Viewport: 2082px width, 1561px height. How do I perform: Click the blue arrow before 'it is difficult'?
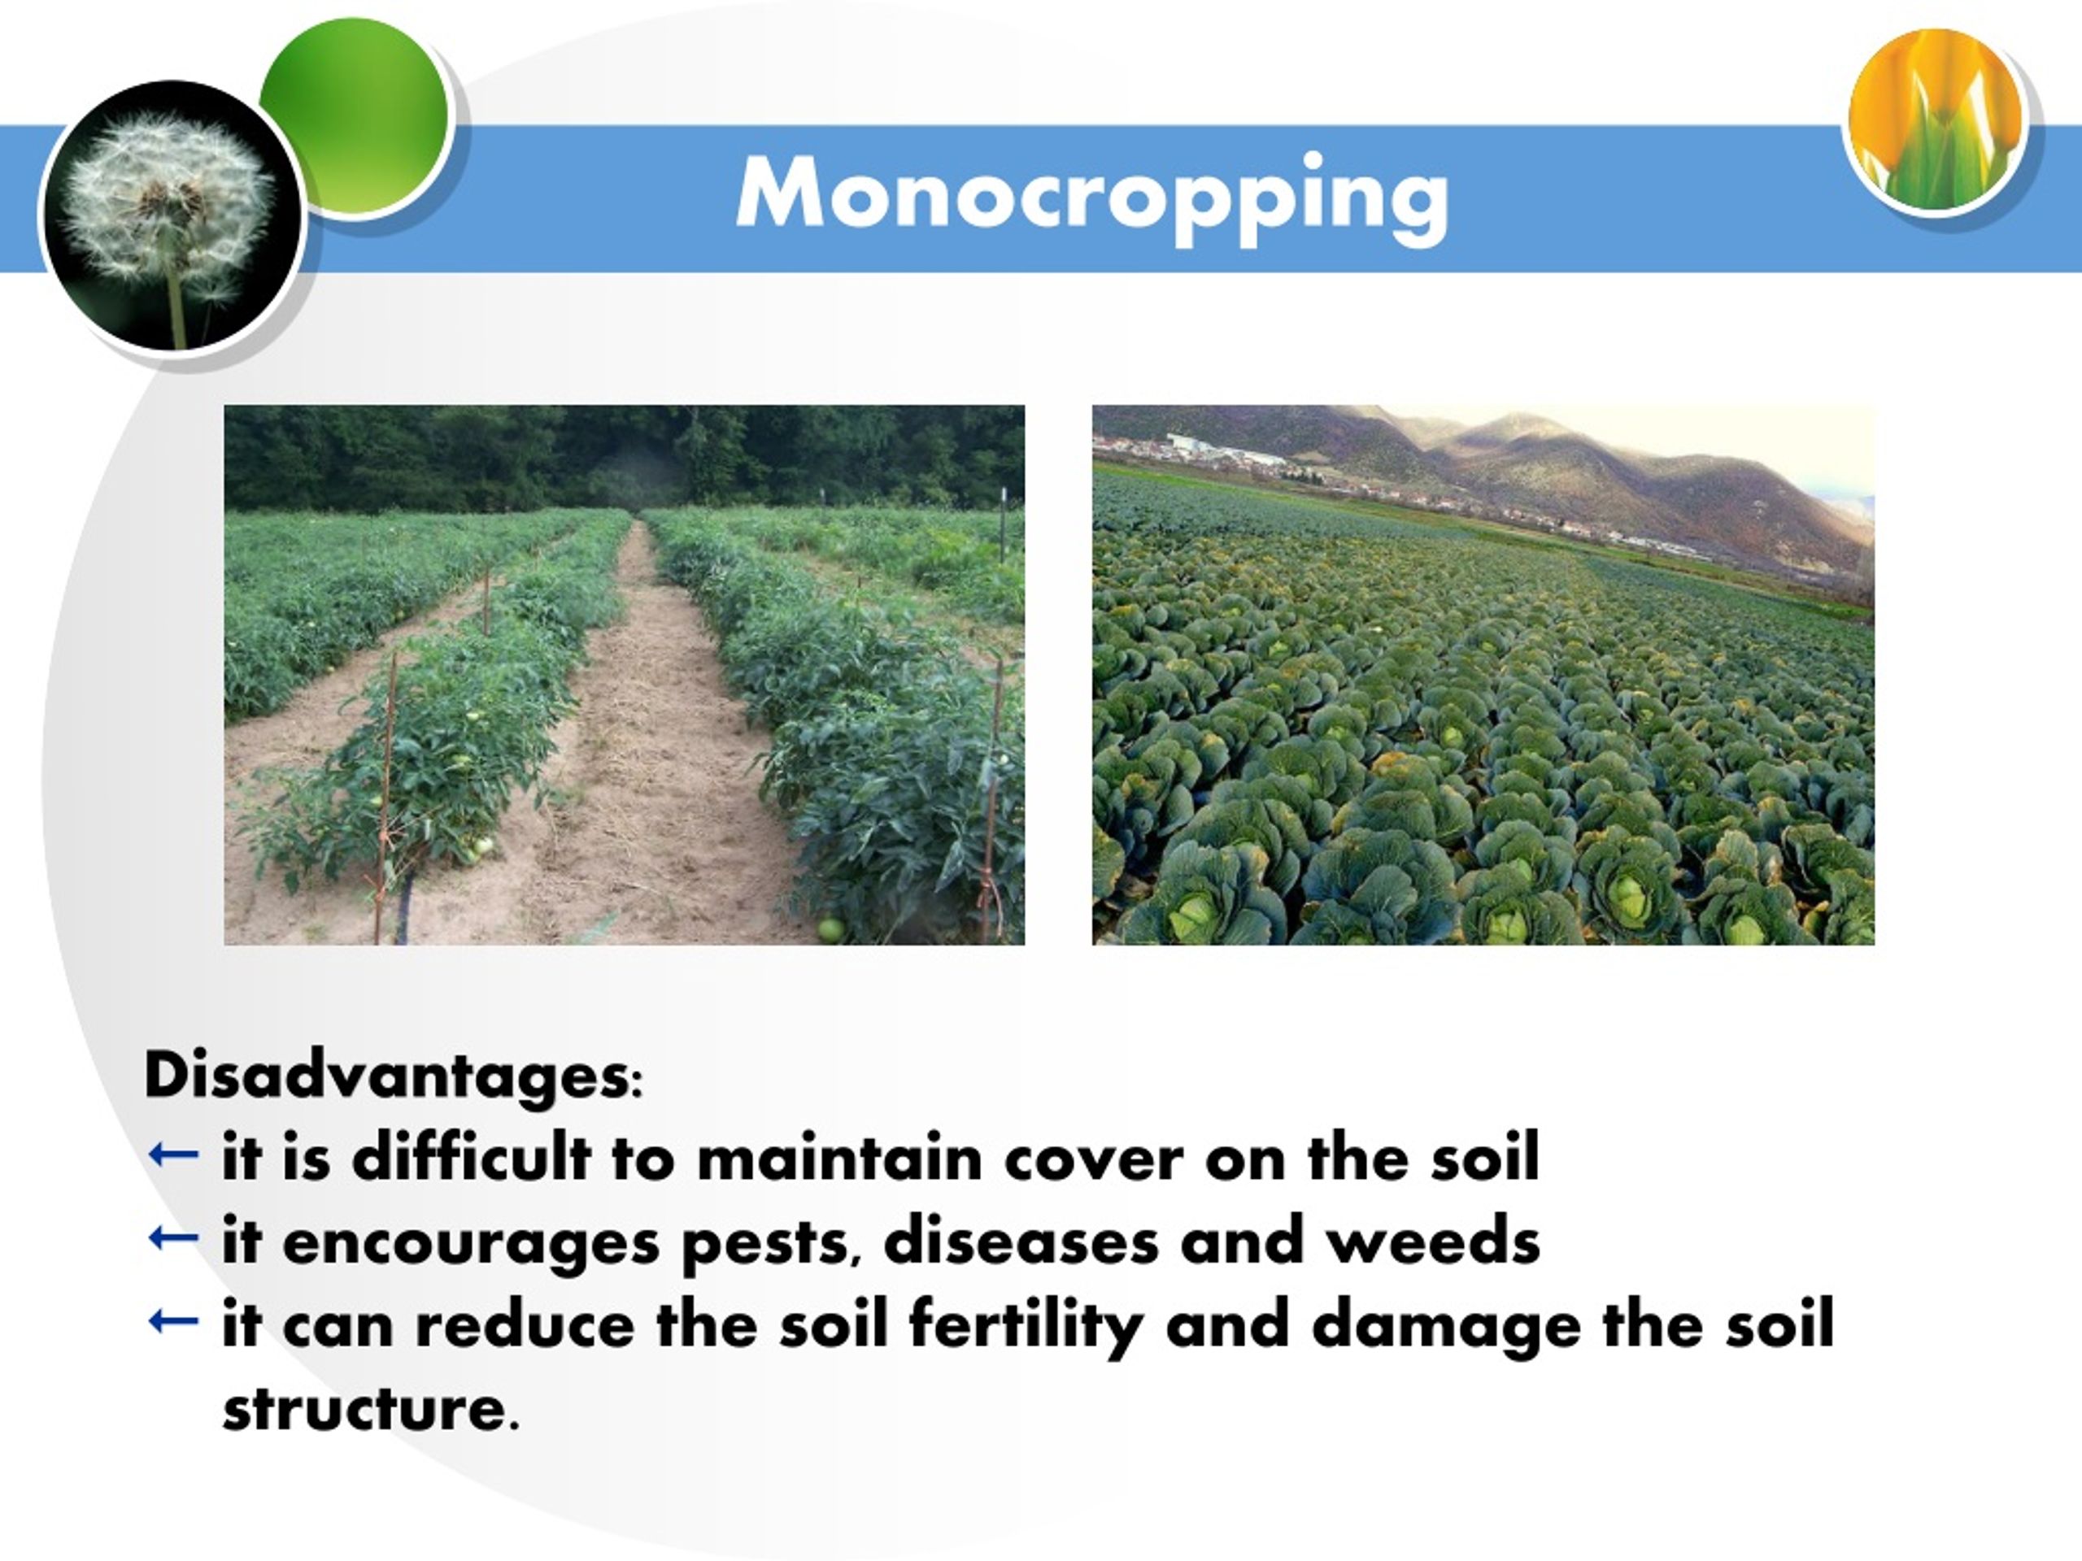pyautogui.click(x=174, y=1154)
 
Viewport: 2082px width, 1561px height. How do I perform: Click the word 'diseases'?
pyautogui.click(x=1021, y=1240)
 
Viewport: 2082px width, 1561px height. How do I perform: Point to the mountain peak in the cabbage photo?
pyautogui.click(x=1515, y=420)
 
